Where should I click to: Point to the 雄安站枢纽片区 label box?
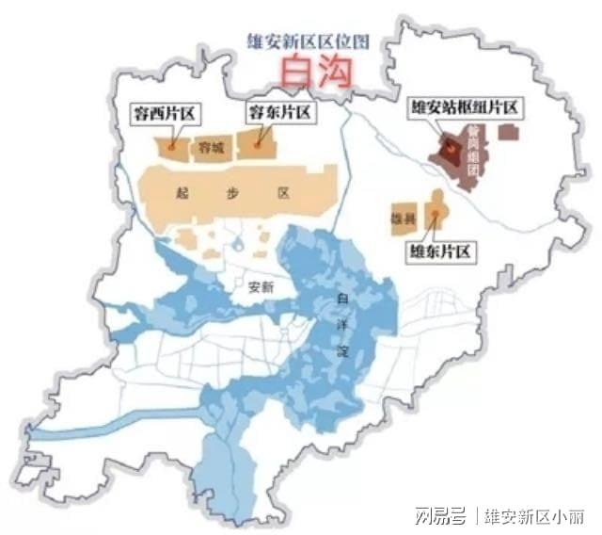[465, 108]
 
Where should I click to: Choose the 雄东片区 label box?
[437, 251]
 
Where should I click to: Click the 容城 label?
[211, 148]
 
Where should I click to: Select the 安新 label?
[260, 289]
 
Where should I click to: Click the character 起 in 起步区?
[182, 192]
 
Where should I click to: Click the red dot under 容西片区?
[171, 147]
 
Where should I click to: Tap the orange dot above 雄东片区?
[435, 215]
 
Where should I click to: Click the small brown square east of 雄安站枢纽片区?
[508, 132]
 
